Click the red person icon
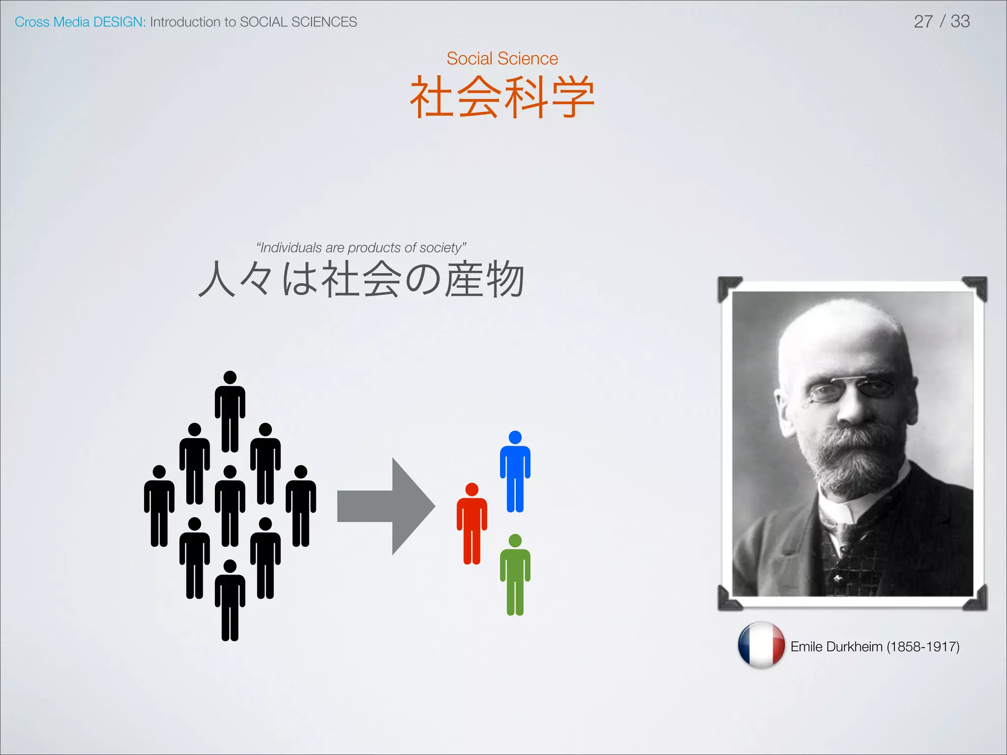click(x=472, y=524)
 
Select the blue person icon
click(x=515, y=472)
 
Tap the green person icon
click(x=515, y=575)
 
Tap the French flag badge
click(x=761, y=645)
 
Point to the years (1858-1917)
click(x=923, y=647)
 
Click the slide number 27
click(x=923, y=22)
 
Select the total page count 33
click(x=960, y=22)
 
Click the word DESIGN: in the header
click(x=119, y=22)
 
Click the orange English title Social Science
click(x=502, y=58)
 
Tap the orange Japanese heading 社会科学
click(x=502, y=97)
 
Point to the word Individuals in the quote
click(x=290, y=248)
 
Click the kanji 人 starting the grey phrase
click(x=217, y=279)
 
